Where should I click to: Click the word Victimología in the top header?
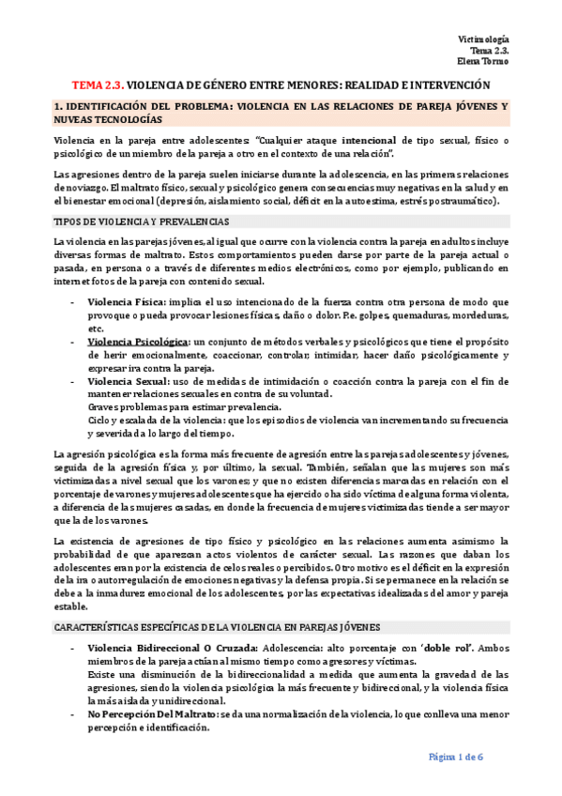click(482, 38)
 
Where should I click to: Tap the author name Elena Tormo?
click(483, 62)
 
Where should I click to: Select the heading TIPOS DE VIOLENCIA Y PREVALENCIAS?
click(141, 221)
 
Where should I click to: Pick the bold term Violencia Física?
click(124, 302)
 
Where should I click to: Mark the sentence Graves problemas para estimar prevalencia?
click(184, 407)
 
